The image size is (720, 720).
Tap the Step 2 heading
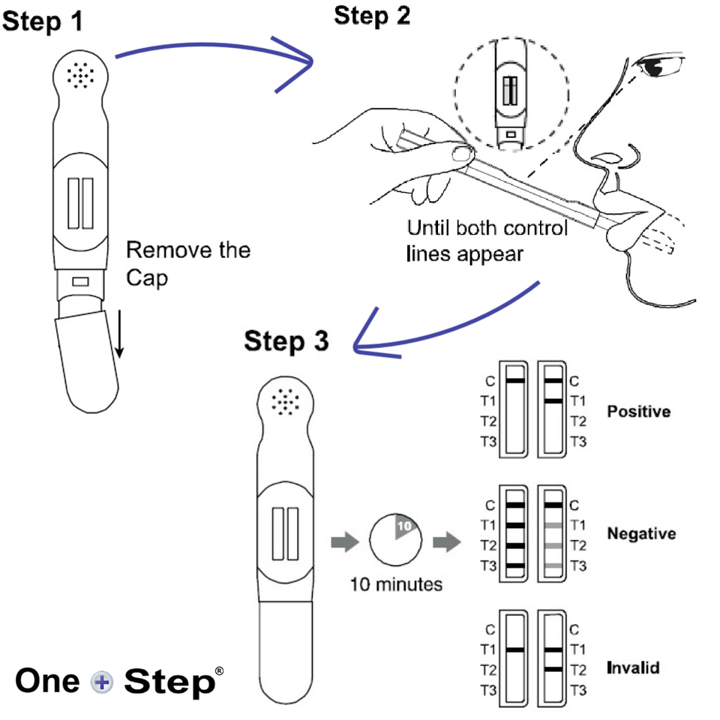tap(372, 16)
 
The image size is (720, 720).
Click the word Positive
tap(639, 412)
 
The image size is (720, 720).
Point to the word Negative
tap(641, 534)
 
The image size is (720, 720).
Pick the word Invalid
tap(633, 667)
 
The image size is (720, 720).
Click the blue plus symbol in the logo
tap(101, 682)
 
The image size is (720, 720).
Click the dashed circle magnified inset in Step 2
tap(511, 94)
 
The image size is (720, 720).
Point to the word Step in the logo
tap(168, 682)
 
